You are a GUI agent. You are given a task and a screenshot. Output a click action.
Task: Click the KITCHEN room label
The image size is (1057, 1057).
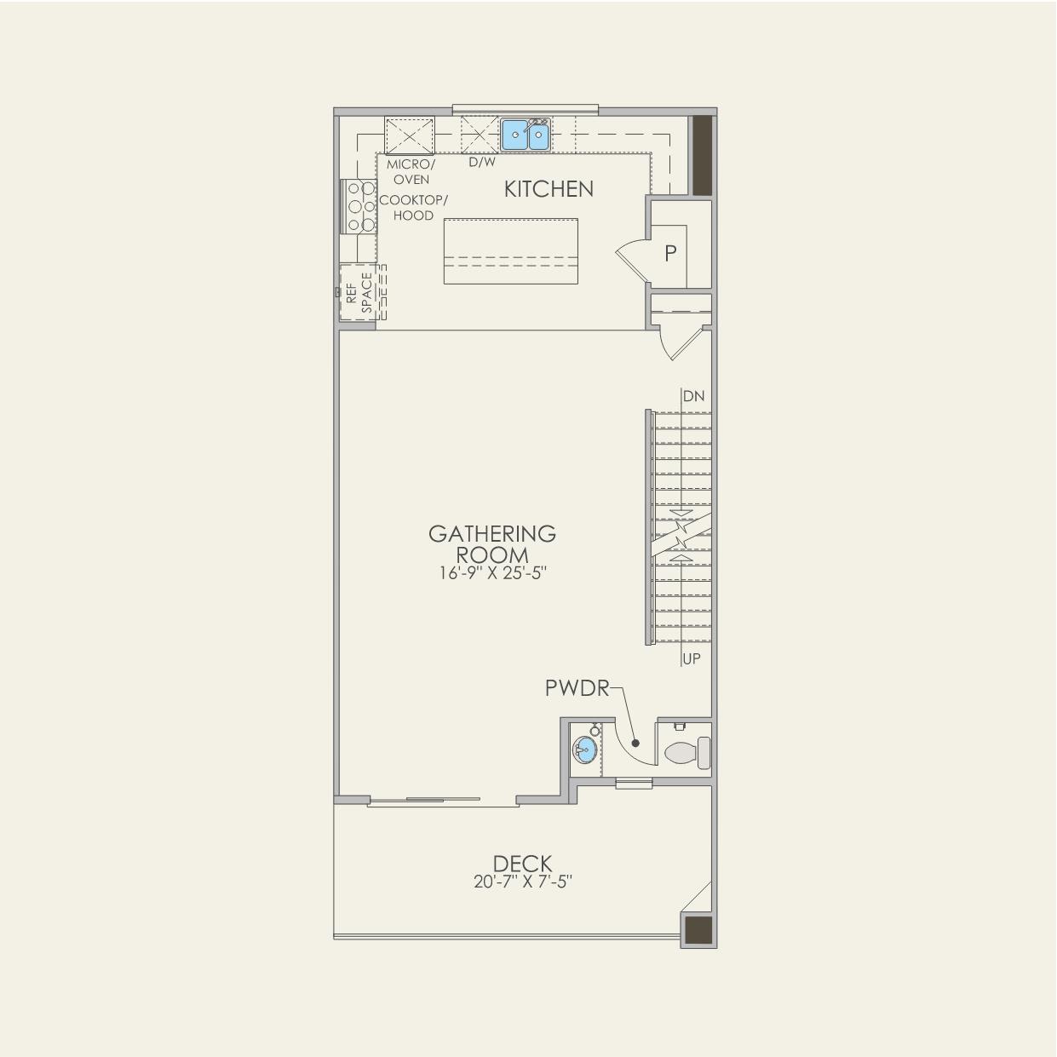pyautogui.click(x=549, y=189)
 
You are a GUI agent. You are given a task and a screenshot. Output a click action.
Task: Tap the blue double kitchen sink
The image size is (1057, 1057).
pyautogui.click(x=526, y=135)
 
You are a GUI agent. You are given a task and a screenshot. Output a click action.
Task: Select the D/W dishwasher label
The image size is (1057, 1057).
pyautogui.click(x=481, y=162)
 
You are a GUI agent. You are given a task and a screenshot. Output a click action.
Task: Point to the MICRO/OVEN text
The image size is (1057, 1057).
pyautogui.click(x=411, y=171)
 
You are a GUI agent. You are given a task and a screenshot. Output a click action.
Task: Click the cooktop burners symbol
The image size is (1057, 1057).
pyautogui.click(x=359, y=206)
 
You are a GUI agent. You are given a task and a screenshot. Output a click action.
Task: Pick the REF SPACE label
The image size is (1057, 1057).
pyautogui.click(x=359, y=293)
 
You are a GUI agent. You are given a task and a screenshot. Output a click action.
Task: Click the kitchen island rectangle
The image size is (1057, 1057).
pyautogui.click(x=510, y=251)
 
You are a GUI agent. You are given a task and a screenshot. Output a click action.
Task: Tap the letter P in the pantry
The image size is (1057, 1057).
pyautogui.click(x=670, y=253)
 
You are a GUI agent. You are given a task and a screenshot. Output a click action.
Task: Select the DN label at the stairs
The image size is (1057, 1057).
pyautogui.click(x=693, y=396)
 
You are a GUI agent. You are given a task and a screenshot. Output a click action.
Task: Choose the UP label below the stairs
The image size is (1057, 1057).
pyautogui.click(x=692, y=658)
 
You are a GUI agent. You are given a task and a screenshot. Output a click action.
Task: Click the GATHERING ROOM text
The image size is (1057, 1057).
pyautogui.click(x=492, y=543)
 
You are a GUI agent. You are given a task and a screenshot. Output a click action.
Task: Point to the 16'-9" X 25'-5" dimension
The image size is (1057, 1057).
pyautogui.click(x=492, y=573)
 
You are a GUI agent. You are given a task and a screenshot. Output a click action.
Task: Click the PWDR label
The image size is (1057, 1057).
pyautogui.click(x=577, y=688)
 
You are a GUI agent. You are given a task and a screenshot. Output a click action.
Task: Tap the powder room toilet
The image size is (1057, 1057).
pyautogui.click(x=686, y=753)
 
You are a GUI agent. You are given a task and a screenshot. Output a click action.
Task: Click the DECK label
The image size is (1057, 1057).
pyautogui.click(x=522, y=864)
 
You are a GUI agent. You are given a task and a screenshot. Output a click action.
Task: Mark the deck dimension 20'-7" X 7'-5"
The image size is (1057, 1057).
pyautogui.click(x=522, y=882)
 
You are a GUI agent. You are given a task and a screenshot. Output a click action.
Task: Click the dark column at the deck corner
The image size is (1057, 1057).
pyautogui.click(x=698, y=929)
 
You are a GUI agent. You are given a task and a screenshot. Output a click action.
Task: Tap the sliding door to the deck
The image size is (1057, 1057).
pyautogui.click(x=442, y=801)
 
